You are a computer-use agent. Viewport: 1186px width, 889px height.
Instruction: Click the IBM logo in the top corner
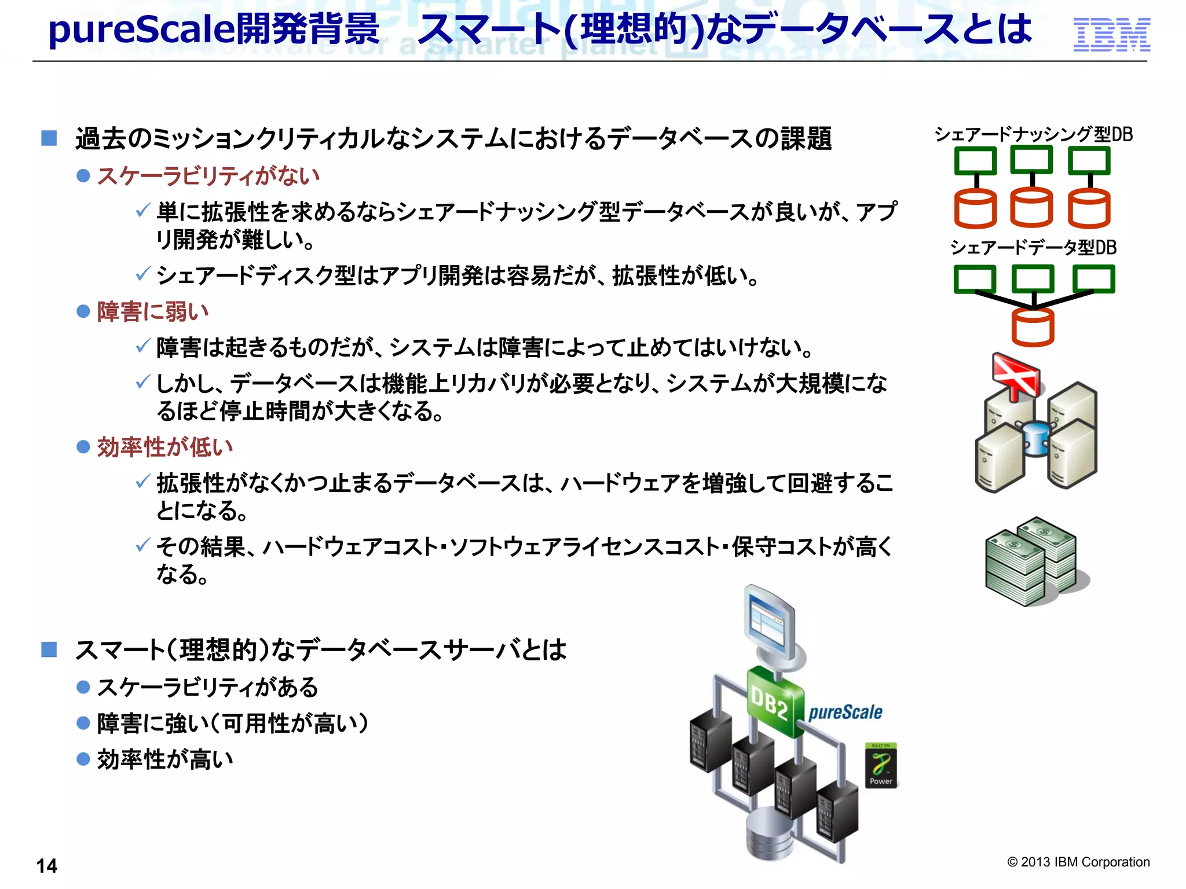[x=1111, y=34]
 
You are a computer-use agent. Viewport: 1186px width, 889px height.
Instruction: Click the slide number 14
[x=46, y=866]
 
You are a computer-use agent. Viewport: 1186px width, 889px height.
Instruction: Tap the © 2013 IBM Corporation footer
[x=1078, y=862]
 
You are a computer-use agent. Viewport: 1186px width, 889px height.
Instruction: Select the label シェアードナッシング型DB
[x=1033, y=134]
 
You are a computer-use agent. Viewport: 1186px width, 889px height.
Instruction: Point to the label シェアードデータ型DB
[x=1033, y=248]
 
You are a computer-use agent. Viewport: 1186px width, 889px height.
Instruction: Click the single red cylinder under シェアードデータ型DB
[x=1033, y=327]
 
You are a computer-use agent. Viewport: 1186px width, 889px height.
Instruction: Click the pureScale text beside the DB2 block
[x=845, y=712]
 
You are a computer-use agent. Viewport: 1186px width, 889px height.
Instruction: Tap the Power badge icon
[x=881, y=766]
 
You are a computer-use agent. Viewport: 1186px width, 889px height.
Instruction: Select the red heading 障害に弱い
[x=153, y=312]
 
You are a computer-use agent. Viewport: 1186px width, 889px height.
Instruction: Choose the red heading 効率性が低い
[x=165, y=447]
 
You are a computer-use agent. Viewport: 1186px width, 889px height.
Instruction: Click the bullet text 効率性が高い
[x=165, y=759]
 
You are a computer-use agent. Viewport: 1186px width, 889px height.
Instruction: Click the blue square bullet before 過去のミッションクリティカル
[x=49, y=138]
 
